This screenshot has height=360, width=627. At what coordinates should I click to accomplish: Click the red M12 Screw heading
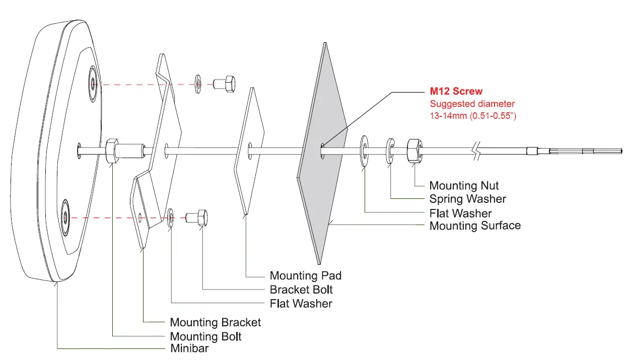pos(456,91)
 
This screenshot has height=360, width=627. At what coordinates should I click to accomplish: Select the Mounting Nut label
pos(464,186)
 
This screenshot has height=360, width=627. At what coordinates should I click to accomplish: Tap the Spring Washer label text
pos(467,199)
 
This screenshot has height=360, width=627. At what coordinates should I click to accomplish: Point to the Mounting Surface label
pos(475,226)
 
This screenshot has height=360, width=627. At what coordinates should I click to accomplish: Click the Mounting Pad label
pos(305,275)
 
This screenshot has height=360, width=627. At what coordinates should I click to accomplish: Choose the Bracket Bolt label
pos(301,290)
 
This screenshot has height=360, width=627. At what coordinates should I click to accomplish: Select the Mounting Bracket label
pos(216,322)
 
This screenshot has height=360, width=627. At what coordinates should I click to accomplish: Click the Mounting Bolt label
pos(205,336)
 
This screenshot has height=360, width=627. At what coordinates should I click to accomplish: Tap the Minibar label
pos(189,348)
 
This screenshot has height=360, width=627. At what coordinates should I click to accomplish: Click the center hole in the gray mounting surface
pos(322,150)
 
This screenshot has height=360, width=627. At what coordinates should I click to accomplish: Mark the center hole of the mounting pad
pos(250,149)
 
